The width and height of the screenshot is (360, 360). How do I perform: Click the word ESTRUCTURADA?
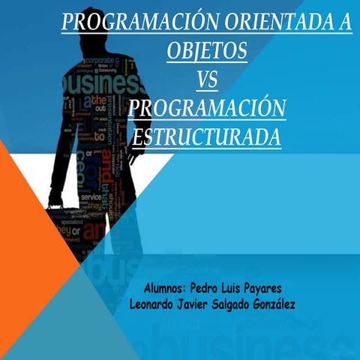(206, 138)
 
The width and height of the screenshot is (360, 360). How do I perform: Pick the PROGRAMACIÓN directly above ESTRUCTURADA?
(207, 109)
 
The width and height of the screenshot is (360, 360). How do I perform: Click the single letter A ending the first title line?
(343, 22)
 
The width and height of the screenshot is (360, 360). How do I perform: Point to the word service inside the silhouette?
(91, 196)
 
